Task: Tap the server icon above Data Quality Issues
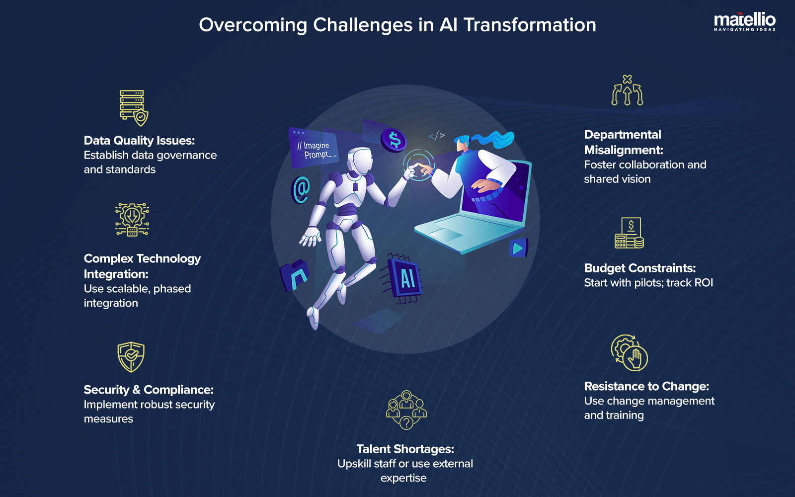click(x=133, y=107)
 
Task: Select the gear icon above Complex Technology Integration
click(x=132, y=219)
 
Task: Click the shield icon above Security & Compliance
click(x=131, y=357)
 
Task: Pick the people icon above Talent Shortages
click(x=406, y=410)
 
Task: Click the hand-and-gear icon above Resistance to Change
click(x=629, y=353)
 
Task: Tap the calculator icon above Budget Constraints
click(x=629, y=233)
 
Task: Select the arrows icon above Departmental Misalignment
click(x=627, y=90)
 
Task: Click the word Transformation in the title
click(x=530, y=25)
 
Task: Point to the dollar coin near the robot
click(x=394, y=140)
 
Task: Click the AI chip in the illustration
click(x=406, y=278)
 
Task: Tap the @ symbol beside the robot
click(x=301, y=190)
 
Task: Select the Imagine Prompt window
click(x=314, y=148)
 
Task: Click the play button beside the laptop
click(x=518, y=248)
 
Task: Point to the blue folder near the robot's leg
click(x=294, y=275)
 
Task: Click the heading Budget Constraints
click(x=639, y=268)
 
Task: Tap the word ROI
click(x=703, y=283)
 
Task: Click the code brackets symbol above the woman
click(x=437, y=136)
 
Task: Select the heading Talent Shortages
click(x=405, y=449)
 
